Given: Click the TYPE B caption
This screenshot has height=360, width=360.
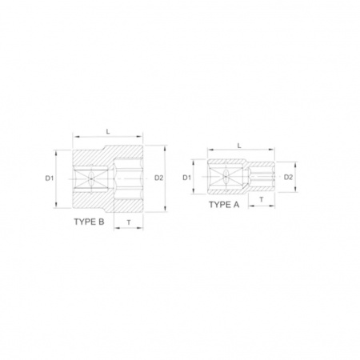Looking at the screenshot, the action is pos(89,222).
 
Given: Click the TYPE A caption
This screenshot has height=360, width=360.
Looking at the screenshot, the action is pos(224,205).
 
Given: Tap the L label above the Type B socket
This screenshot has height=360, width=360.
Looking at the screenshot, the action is pos(108,131).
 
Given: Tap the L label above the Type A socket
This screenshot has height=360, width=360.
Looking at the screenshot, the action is pos(239,146).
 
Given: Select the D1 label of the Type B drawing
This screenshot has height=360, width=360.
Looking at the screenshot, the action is pos(50,178).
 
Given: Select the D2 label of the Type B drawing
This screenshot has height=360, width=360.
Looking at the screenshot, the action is pos(158,178).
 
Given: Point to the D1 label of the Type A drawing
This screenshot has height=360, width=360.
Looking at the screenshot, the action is pos(187,178).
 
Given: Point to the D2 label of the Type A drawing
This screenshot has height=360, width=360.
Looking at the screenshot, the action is pos(288,177).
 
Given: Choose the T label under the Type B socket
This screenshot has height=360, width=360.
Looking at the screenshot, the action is pos(129,222).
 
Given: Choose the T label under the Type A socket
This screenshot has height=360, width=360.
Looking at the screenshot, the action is pos(262,199).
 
